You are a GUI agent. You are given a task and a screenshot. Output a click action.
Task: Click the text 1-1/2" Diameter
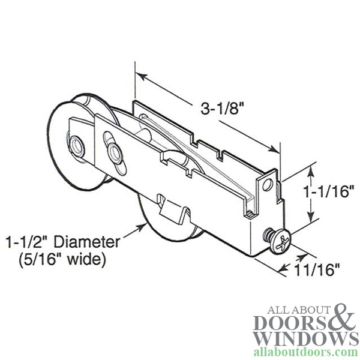(62, 242)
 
